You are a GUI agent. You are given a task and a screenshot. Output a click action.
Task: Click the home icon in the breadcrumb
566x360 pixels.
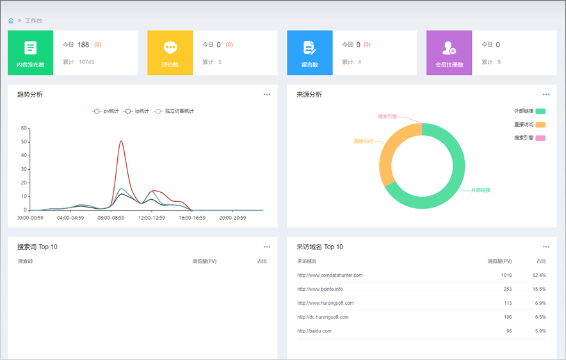point(11,20)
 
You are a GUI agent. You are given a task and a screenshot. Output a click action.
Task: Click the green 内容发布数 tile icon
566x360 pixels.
point(30,47)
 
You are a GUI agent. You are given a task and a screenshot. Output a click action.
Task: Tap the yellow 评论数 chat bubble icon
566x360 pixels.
point(170,47)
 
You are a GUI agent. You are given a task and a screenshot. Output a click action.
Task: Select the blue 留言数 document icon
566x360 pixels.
point(309,47)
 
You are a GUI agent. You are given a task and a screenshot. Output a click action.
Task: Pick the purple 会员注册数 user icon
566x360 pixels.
point(449,47)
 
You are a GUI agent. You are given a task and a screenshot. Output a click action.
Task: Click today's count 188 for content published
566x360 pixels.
point(83,45)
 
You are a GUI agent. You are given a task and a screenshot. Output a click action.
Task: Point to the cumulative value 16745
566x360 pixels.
point(86,62)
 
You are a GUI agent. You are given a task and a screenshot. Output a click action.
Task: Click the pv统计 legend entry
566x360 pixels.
point(106,111)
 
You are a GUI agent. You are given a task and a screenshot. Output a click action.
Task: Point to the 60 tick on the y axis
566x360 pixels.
point(24,128)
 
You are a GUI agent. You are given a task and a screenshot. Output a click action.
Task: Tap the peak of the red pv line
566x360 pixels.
point(121,141)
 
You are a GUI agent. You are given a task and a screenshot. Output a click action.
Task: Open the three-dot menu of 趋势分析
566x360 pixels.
point(267,95)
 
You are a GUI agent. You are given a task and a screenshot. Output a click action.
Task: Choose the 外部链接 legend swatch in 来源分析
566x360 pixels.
point(540,111)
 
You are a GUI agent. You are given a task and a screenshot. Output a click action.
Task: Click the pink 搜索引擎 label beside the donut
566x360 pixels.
point(387,117)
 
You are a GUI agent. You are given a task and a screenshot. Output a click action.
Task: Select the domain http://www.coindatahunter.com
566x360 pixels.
point(330,275)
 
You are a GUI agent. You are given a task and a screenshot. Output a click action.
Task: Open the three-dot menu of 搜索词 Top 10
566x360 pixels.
point(267,247)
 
